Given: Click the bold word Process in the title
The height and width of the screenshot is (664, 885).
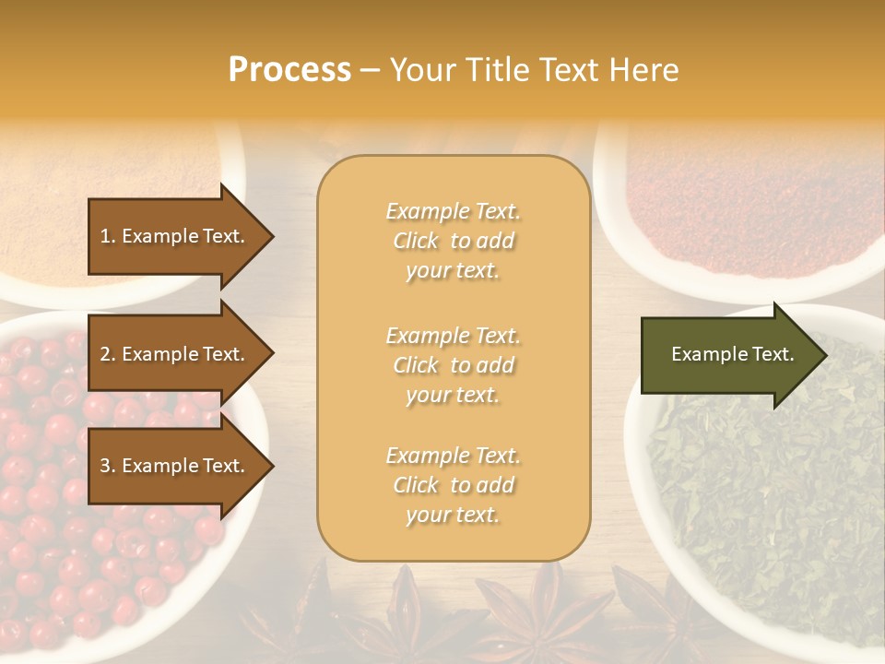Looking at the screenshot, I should [x=289, y=70].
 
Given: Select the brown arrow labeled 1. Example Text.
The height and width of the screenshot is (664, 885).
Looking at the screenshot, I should [x=175, y=236].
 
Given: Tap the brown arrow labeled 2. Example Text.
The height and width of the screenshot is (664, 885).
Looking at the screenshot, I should [x=175, y=354].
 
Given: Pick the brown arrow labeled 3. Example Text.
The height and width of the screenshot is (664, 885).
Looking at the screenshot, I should [x=175, y=466].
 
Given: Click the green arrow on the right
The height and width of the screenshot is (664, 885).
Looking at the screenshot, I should [x=728, y=355].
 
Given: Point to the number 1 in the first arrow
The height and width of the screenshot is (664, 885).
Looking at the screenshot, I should [x=105, y=236].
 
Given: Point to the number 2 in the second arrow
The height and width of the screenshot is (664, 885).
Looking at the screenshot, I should [x=105, y=354].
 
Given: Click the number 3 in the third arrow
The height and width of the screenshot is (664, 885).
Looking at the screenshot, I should [x=105, y=466].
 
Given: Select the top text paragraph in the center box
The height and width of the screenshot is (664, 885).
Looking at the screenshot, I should [x=453, y=241].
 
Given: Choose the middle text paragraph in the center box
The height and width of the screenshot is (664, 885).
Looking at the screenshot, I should [x=453, y=365].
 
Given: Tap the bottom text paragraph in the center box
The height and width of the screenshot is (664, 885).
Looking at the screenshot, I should [x=453, y=485].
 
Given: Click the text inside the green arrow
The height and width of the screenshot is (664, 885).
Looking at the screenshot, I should [x=732, y=354].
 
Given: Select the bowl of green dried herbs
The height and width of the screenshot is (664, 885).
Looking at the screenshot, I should [x=765, y=516].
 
